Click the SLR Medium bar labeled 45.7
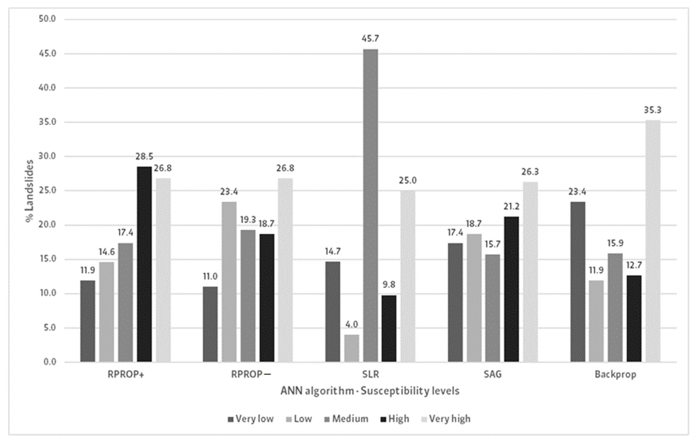(371, 206)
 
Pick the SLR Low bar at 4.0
(352, 348)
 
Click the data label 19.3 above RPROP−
(248, 220)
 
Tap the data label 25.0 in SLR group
(408, 181)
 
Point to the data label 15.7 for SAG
(492, 244)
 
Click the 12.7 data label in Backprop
(634, 265)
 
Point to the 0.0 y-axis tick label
(50, 362)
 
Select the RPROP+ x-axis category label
(126, 374)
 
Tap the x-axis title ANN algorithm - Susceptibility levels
(370, 391)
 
